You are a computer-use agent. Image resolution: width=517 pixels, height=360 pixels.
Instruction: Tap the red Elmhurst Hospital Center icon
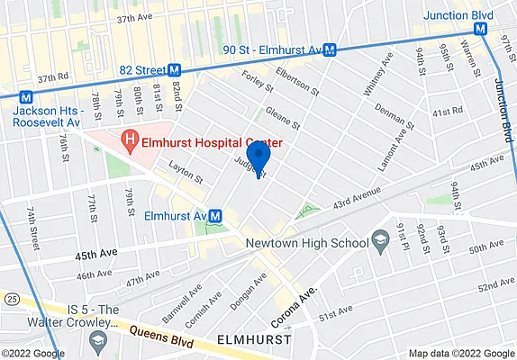pyautogui.click(x=131, y=142)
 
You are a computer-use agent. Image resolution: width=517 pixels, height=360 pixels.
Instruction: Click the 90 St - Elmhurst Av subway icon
pyautogui.click(x=331, y=50)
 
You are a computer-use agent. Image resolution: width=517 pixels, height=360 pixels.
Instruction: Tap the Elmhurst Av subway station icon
pyautogui.click(x=215, y=217)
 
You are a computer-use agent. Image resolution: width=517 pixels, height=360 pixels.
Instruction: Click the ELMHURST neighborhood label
pyautogui.click(x=255, y=340)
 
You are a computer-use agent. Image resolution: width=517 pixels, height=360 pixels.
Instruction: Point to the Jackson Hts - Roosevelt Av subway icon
pyautogui.click(x=27, y=95)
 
